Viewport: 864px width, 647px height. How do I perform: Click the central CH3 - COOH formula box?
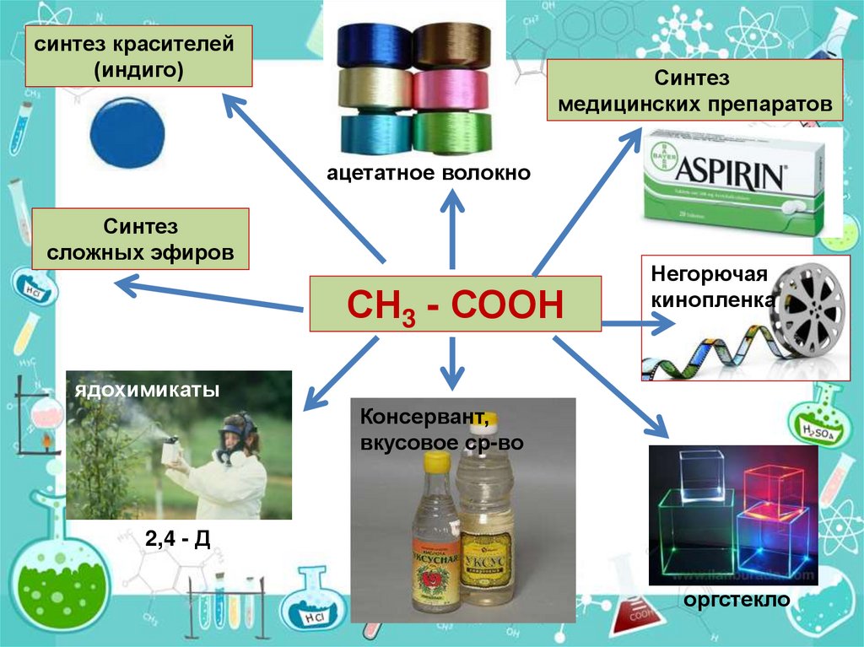point(455,303)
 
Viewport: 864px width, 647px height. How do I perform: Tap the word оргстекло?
point(737,600)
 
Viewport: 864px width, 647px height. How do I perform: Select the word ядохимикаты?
point(147,391)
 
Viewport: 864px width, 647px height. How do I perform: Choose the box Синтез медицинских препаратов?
point(695,92)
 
